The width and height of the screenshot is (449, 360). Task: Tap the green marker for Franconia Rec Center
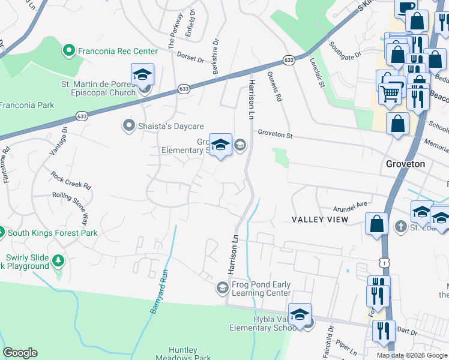70,52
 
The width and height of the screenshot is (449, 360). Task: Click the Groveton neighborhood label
405,164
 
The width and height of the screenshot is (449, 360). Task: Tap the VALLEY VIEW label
320,220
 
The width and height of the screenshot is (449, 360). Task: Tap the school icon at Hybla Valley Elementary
300,314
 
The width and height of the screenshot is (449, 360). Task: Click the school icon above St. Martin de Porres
143,75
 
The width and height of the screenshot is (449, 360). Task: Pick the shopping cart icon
391,94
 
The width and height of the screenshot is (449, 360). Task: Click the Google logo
20,353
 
